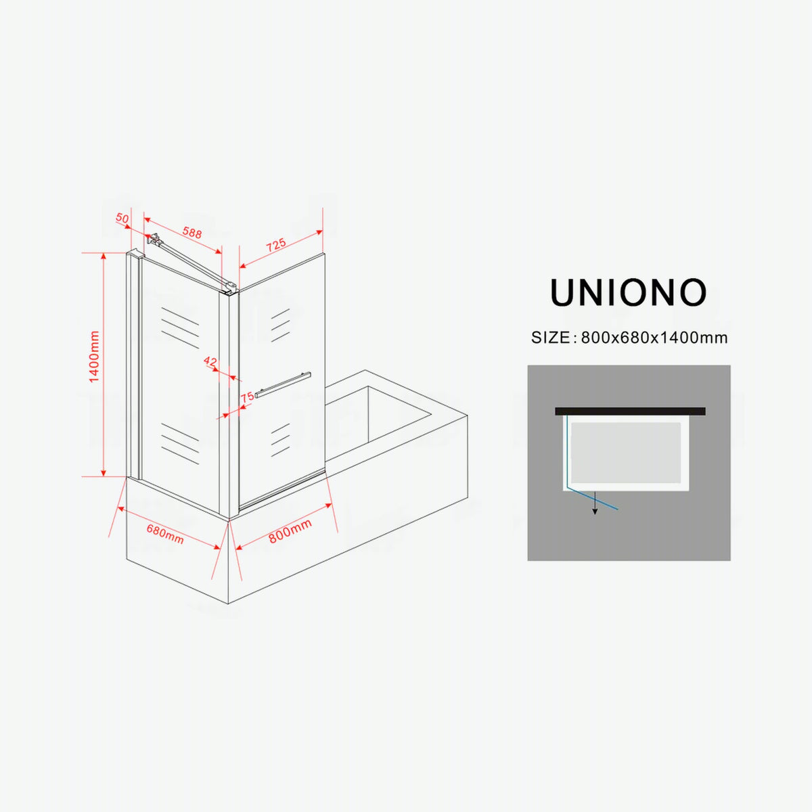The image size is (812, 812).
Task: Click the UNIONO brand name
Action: [628, 292]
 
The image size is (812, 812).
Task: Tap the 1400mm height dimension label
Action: [94, 357]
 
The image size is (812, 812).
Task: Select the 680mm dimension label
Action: [165, 534]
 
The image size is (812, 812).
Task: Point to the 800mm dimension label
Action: [290, 531]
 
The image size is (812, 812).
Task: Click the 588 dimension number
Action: [192, 232]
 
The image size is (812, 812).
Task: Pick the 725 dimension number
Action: [276, 245]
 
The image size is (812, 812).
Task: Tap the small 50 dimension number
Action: [122, 218]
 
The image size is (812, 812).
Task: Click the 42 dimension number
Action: [210, 361]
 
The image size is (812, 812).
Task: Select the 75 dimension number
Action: [248, 397]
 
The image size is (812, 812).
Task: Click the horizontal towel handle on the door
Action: [283, 384]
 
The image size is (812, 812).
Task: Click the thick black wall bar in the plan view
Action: [630, 411]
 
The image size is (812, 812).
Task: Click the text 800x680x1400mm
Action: [654, 338]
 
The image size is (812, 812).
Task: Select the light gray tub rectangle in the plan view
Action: [626, 453]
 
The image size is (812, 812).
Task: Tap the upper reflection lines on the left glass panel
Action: [180, 328]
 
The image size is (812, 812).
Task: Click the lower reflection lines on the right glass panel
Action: [280, 440]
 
